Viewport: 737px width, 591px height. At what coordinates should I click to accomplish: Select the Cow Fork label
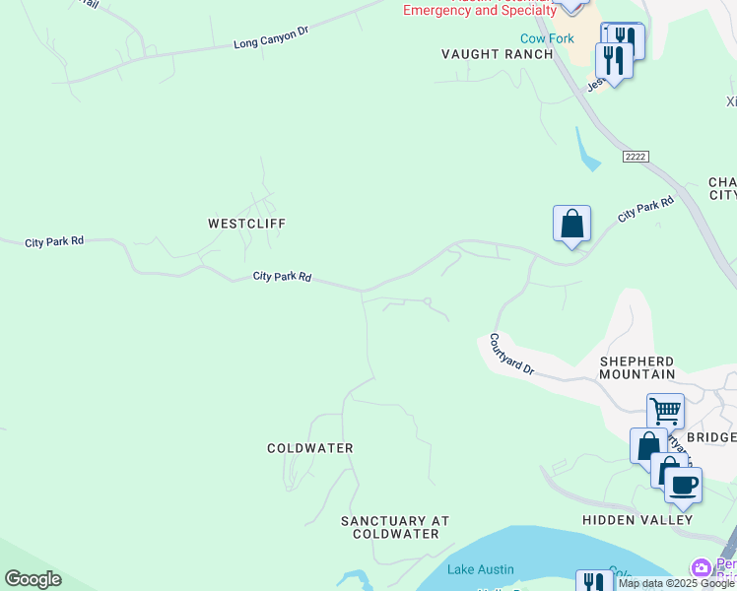[547, 38]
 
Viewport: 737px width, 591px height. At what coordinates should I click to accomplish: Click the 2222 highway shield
[636, 158]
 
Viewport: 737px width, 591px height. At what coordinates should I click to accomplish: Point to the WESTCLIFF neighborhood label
[246, 224]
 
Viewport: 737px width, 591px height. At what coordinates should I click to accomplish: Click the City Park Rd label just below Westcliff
[282, 277]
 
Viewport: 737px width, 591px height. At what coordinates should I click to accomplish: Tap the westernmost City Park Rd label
[54, 241]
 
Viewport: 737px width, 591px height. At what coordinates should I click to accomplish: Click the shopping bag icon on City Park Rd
[571, 225]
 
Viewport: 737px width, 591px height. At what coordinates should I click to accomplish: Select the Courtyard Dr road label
[511, 355]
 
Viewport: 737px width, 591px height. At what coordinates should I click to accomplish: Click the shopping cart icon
[665, 410]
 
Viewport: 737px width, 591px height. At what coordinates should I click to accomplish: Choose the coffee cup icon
[683, 484]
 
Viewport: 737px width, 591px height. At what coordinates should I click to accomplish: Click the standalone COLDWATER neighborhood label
[310, 448]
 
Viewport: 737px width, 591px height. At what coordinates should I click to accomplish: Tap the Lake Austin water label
[481, 569]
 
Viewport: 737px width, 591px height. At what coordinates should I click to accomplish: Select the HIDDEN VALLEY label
[638, 519]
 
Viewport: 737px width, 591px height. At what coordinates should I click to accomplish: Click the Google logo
[33, 579]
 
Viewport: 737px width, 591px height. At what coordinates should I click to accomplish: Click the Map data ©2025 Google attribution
[677, 584]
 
